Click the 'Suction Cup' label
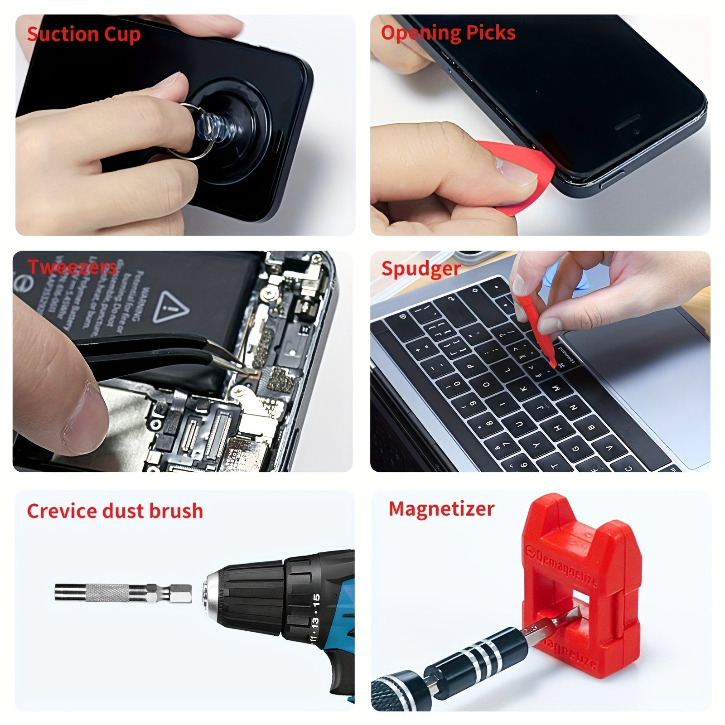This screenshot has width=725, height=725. point(84,35)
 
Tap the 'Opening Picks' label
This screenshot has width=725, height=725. point(448,33)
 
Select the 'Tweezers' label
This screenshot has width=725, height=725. point(72,267)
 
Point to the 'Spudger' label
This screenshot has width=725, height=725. point(421,268)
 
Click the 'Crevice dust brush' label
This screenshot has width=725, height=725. point(115,511)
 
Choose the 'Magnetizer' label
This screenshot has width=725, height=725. point(441,509)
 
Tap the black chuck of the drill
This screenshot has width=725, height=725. point(247,594)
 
